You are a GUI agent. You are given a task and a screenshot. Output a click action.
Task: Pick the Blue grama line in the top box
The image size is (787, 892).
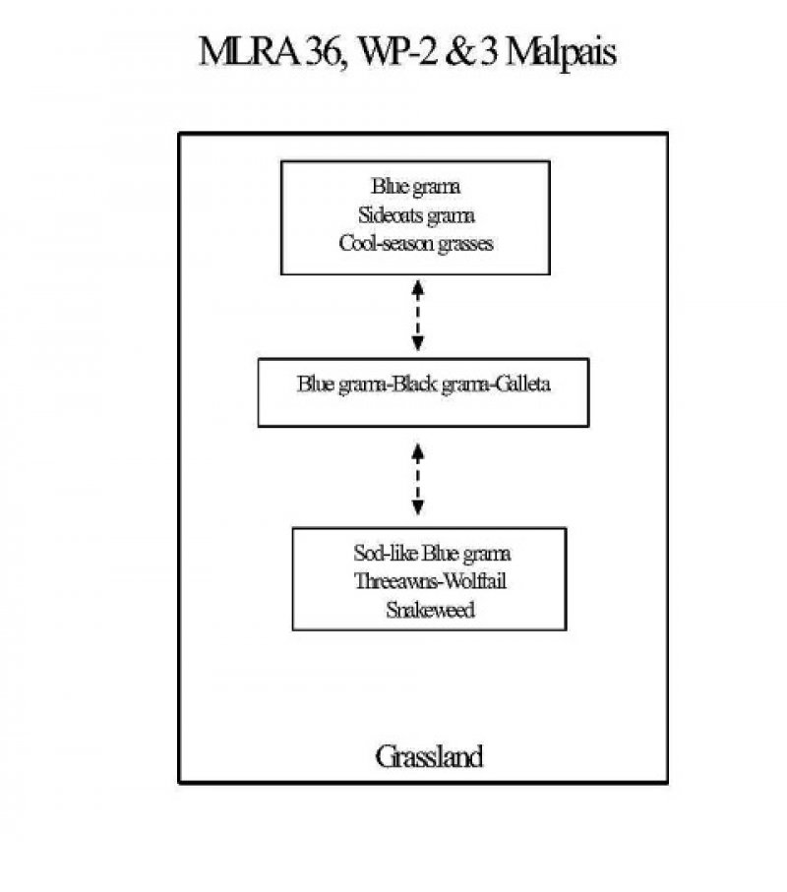point(416,187)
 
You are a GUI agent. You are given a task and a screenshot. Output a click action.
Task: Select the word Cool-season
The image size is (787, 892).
point(384,243)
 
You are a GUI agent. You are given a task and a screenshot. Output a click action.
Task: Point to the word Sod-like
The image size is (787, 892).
point(385,553)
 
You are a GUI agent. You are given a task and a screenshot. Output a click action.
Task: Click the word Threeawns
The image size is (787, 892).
point(391,581)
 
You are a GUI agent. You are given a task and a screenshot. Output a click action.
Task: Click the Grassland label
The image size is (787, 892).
point(428,757)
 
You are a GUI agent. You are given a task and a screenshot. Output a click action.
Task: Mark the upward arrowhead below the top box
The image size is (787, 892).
point(418,285)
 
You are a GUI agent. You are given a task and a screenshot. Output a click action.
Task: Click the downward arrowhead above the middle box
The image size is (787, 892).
point(418,344)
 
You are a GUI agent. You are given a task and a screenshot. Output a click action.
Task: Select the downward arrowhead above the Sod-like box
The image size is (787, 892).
point(418,508)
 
